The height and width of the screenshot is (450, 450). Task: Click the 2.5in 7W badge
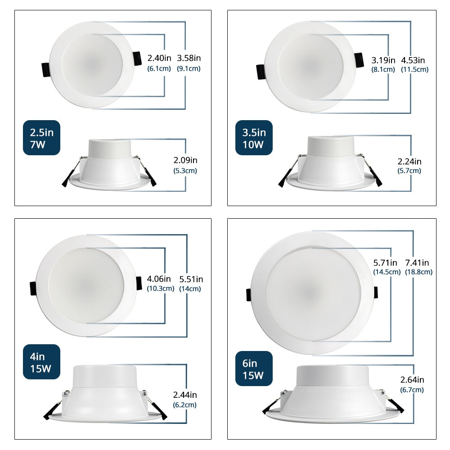click(41, 138)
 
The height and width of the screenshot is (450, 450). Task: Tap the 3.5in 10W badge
click(254, 138)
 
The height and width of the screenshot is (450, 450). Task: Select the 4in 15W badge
click(41, 362)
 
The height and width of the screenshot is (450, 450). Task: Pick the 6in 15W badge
click(254, 369)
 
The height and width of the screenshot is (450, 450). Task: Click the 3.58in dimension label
click(189, 58)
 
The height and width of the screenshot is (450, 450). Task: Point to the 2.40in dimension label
click(159, 58)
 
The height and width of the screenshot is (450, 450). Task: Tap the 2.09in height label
click(185, 160)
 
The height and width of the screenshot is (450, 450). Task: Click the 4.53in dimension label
click(413, 60)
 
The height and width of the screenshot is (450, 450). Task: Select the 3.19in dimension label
click(383, 60)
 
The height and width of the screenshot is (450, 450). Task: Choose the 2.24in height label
click(409, 162)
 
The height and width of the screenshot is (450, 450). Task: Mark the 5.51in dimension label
click(191, 279)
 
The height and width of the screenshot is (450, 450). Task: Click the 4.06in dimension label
click(159, 279)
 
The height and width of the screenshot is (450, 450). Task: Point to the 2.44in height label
click(185, 395)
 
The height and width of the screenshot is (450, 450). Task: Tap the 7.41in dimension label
click(417, 263)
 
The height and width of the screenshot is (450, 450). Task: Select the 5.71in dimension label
click(385, 263)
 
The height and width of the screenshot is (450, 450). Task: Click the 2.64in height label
click(412, 380)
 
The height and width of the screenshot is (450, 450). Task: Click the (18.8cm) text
click(418, 272)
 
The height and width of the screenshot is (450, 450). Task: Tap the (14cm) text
click(190, 289)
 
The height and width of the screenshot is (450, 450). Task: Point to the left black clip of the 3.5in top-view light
click(261, 72)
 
